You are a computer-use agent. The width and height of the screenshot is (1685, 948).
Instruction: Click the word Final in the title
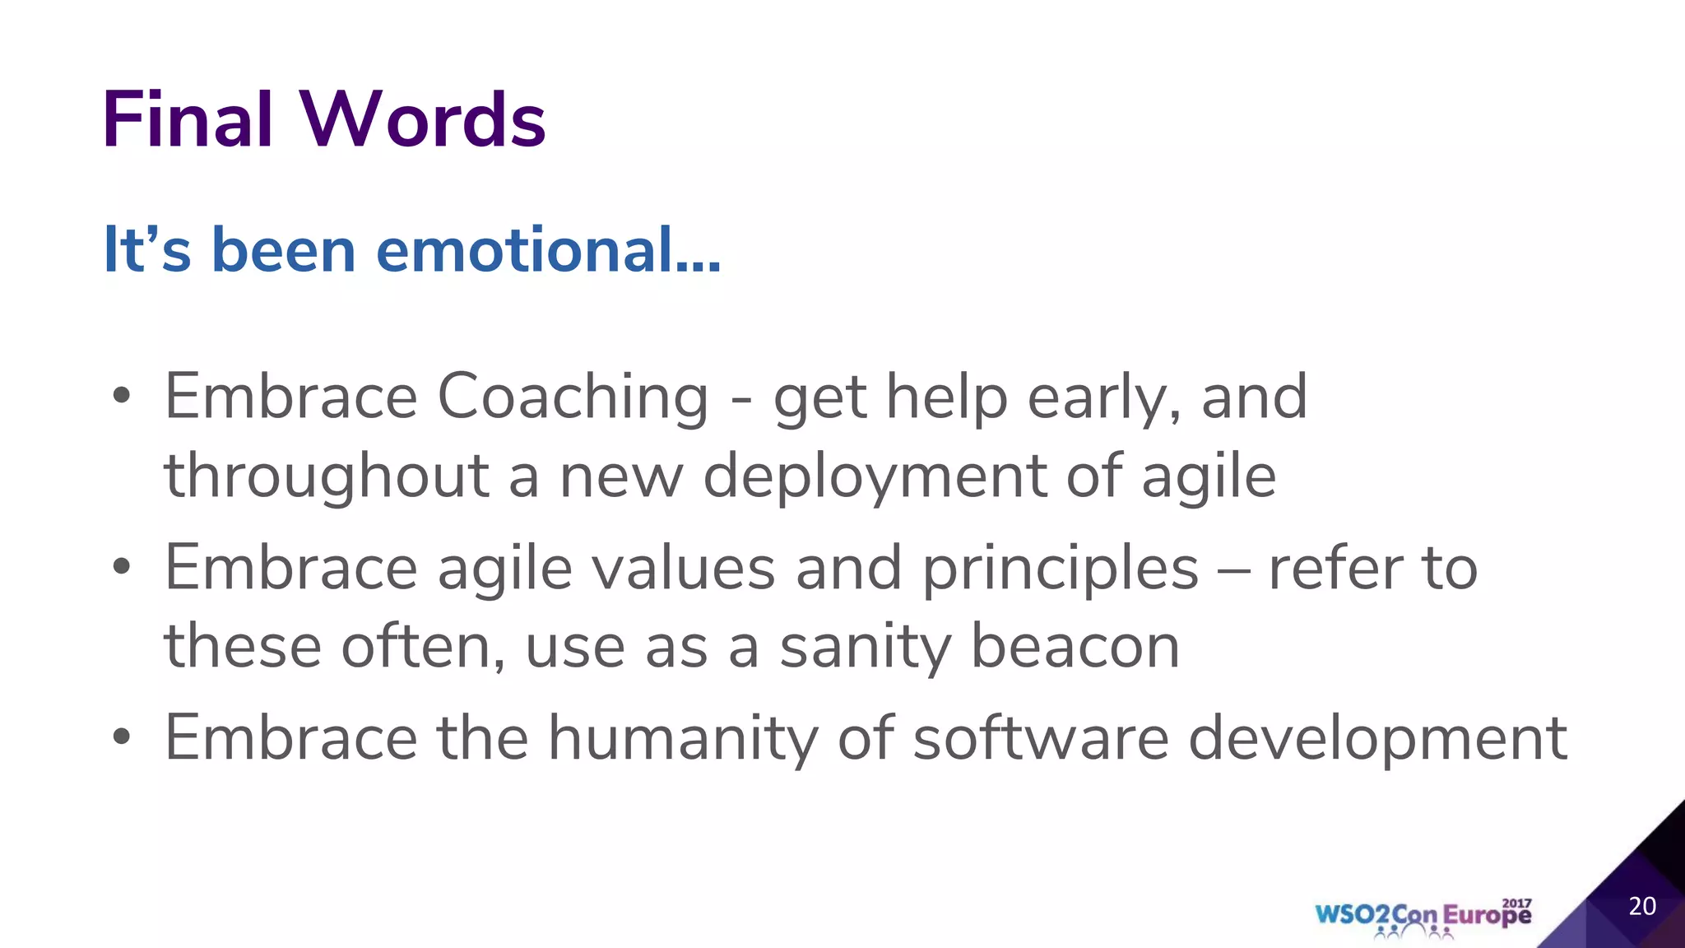[187, 120]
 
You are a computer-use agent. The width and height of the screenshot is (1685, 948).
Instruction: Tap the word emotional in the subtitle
[548, 250]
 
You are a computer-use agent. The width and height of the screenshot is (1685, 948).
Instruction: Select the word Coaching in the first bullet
[573, 397]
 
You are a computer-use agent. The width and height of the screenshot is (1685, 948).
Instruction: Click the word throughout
[327, 477]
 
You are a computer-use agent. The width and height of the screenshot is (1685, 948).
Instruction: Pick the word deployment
[875, 477]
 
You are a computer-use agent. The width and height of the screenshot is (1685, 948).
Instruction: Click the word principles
[1060, 569]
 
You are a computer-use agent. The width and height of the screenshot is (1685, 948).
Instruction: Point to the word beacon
[1075, 646]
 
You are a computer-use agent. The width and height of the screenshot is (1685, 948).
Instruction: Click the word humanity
[683, 738]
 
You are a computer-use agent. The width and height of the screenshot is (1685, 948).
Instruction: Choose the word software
[1041, 737]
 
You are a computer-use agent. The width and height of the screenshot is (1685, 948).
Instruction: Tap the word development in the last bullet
[1377, 738]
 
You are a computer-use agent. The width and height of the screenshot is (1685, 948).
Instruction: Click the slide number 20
[1642, 906]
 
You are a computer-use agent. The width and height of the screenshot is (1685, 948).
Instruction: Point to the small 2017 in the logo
[1516, 903]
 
